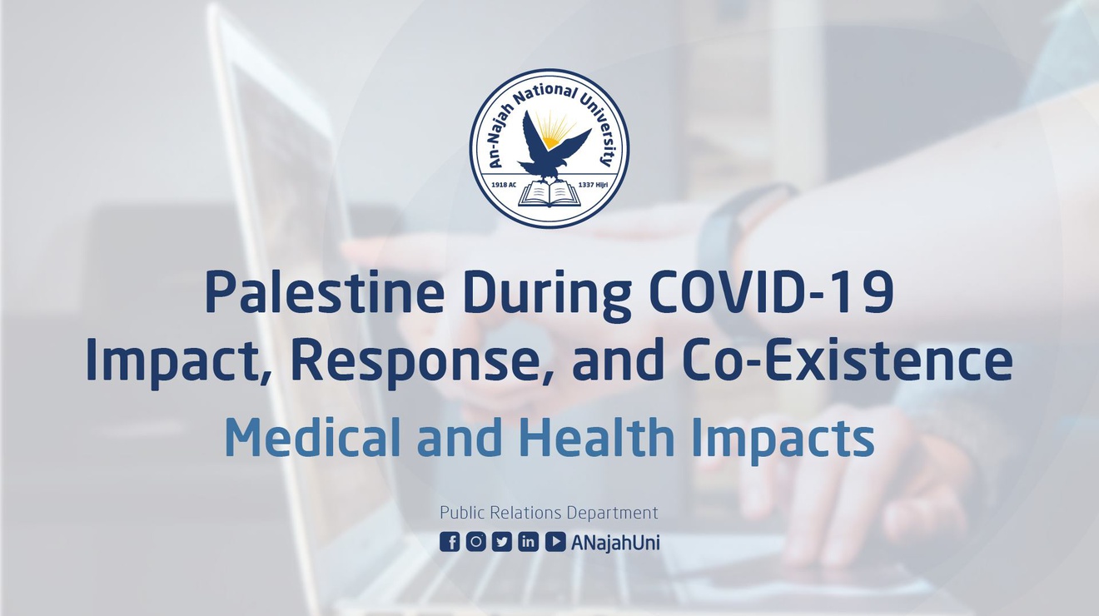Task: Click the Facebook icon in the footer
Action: click(x=450, y=542)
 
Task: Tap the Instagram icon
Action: click(x=475, y=542)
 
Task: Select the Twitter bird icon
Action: click(x=501, y=542)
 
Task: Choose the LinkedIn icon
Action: click(x=528, y=542)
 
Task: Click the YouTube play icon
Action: click(x=554, y=542)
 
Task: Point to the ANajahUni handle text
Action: click(x=615, y=543)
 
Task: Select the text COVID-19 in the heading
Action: click(x=773, y=293)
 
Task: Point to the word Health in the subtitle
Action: click(x=597, y=436)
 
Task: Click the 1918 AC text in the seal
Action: click(x=505, y=185)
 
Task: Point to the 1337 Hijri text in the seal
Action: click(x=594, y=185)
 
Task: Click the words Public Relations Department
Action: click(x=549, y=513)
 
